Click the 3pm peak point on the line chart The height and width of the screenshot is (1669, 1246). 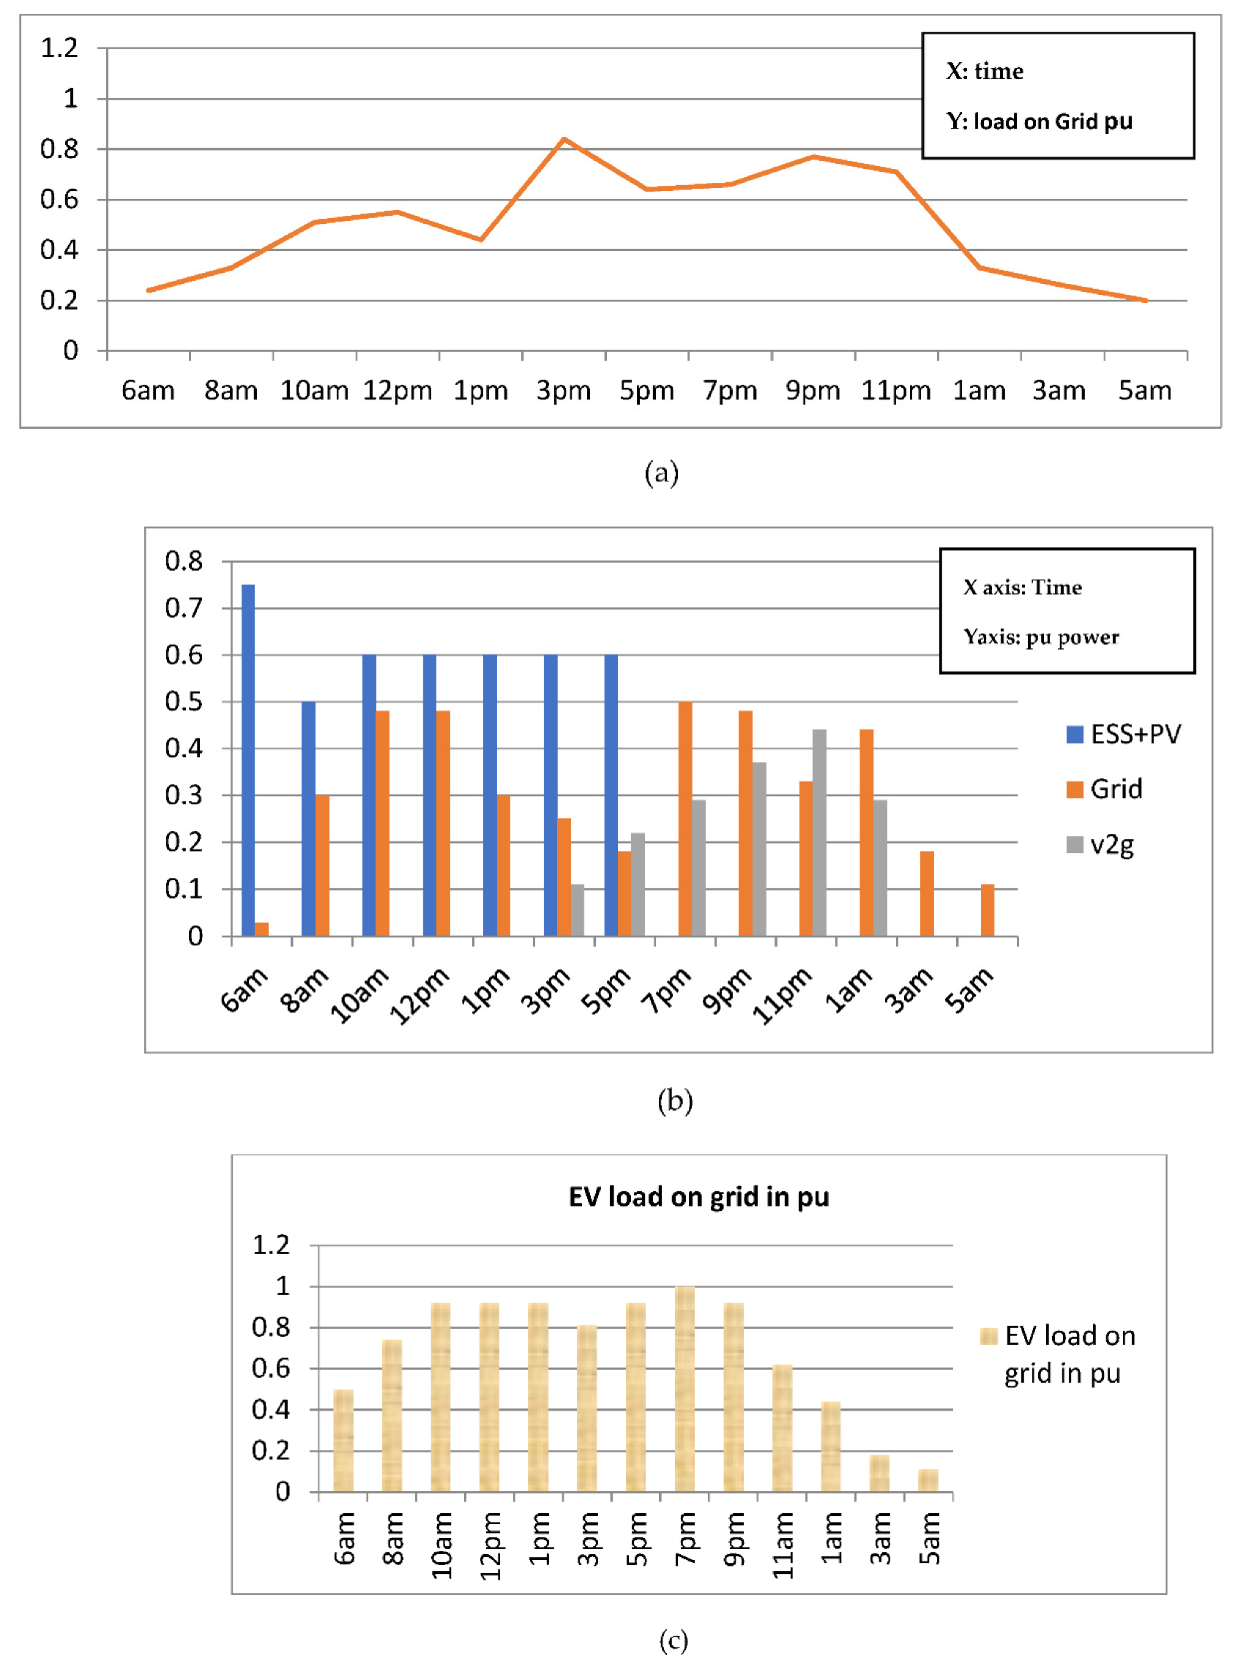tap(564, 140)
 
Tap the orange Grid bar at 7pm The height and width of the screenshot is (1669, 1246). tap(684, 819)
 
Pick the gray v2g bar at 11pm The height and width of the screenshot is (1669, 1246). tap(819, 832)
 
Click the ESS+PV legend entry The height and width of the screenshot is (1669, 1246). tap(1123, 734)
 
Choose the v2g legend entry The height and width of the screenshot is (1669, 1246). tap(1100, 844)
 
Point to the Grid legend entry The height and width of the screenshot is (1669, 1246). tap(1105, 790)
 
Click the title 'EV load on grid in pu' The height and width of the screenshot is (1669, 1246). tap(698, 1197)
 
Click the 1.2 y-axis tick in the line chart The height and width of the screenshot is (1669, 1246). tap(59, 48)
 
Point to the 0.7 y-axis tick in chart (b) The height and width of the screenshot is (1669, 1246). tap(184, 607)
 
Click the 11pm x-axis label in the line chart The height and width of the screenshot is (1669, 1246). tap(896, 391)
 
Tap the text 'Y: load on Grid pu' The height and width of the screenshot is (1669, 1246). tap(1040, 121)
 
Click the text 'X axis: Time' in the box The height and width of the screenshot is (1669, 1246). tap(1022, 588)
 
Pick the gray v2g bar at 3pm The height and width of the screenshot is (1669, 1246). tap(577, 910)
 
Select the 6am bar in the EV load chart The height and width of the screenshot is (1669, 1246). tap(344, 1440)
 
